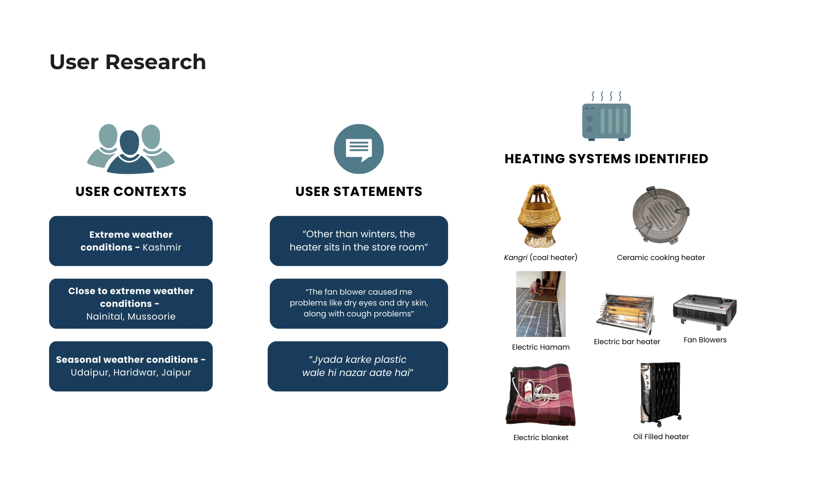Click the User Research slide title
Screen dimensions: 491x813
pos(128,62)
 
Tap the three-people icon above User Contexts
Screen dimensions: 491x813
pos(131,149)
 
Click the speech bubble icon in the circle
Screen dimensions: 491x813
pos(359,149)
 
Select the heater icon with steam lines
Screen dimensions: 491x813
pos(606,117)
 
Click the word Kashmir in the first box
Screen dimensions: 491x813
pos(162,247)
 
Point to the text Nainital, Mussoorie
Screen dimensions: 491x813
pos(131,316)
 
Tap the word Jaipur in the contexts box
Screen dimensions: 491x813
pos(176,372)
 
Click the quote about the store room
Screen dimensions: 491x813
pos(359,240)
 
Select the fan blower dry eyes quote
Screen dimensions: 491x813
pos(359,303)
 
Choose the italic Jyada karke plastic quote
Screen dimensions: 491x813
pos(358,366)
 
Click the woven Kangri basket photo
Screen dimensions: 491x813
pos(539,215)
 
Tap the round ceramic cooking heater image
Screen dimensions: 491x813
pos(661,215)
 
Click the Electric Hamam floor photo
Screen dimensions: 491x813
pos(541,304)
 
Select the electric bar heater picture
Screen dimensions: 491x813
pos(626,313)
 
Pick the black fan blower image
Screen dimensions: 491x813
pos(704,311)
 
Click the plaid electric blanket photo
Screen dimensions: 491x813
pos(540,394)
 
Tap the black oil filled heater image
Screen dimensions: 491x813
pos(660,394)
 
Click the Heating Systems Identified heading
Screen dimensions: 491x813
pos(606,159)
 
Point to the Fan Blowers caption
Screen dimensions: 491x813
pos(705,340)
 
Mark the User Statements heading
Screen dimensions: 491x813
pos(359,191)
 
